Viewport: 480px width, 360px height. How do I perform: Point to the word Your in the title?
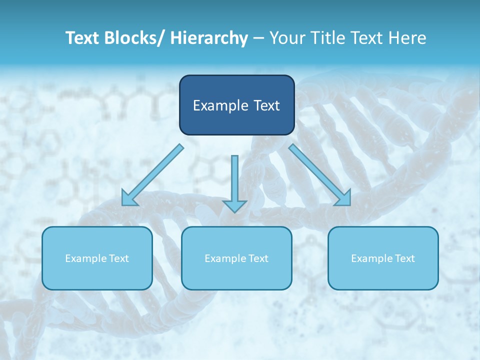[x=285, y=38]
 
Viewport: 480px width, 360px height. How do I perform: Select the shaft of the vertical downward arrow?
[x=234, y=177]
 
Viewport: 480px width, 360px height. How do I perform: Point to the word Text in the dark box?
[x=264, y=105]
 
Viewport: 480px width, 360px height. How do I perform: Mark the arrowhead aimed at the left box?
[x=129, y=198]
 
